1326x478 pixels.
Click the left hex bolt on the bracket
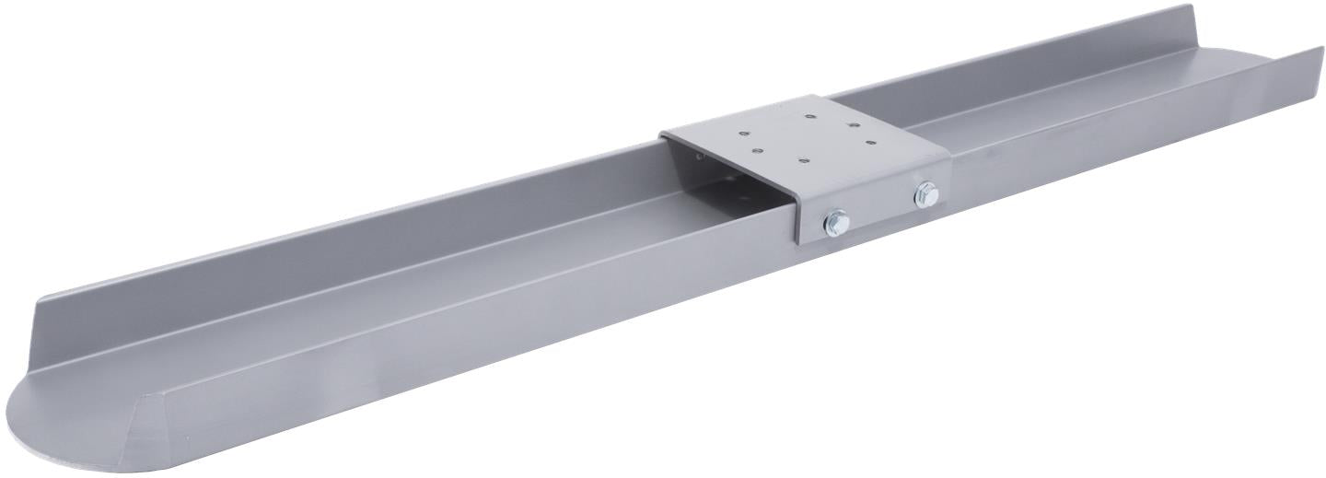coord(836,221)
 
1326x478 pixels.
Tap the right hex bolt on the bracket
coord(925,194)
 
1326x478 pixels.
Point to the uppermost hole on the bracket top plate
coord(808,117)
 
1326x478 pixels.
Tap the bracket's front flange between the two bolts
coord(879,209)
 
